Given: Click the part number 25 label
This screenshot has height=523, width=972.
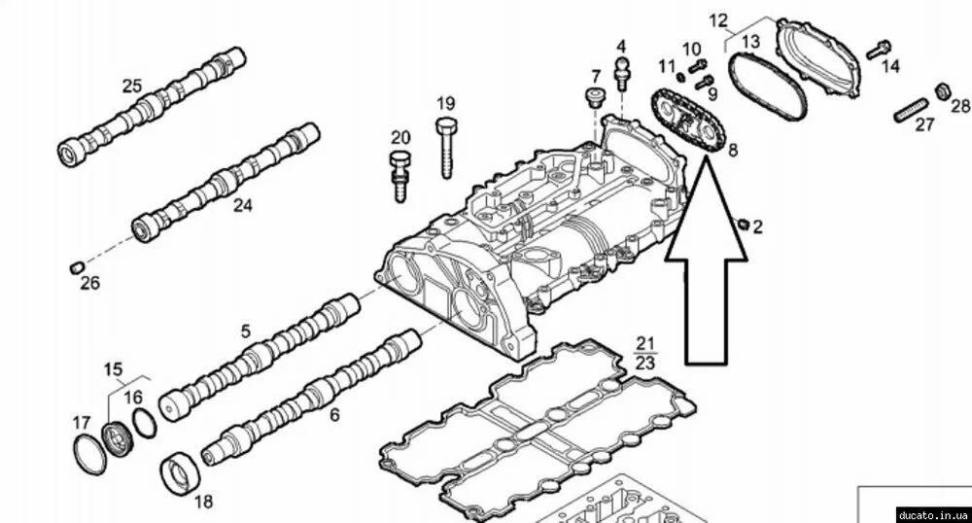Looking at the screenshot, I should [x=132, y=86].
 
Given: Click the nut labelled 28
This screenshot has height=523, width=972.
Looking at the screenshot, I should [x=941, y=92].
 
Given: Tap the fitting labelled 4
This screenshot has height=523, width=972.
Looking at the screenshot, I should [x=621, y=72].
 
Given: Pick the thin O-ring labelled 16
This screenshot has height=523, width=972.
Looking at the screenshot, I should [x=142, y=425].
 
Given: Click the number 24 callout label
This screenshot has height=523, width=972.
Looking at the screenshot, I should [x=242, y=206].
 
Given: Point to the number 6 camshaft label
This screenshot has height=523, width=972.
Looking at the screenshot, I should [x=333, y=415].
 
